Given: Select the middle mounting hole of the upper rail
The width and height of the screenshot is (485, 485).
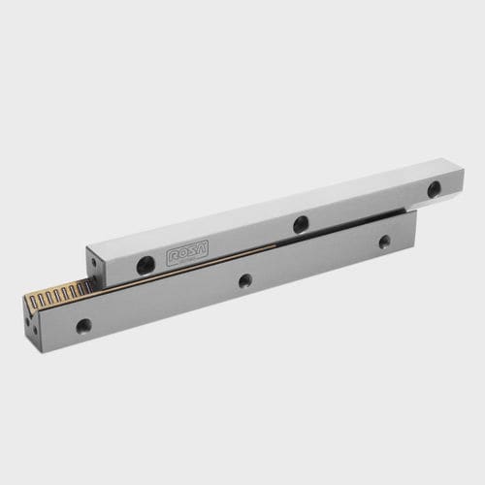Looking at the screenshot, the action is pos(301,224).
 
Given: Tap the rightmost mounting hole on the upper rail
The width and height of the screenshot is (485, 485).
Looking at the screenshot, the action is pos(435,190).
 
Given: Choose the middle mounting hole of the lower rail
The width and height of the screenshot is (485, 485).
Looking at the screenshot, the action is pos(245,281).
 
